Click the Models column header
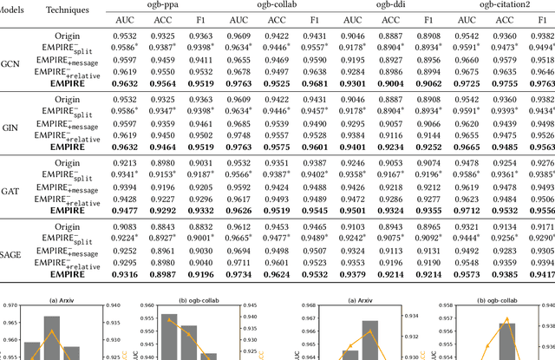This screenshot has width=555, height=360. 16,5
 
